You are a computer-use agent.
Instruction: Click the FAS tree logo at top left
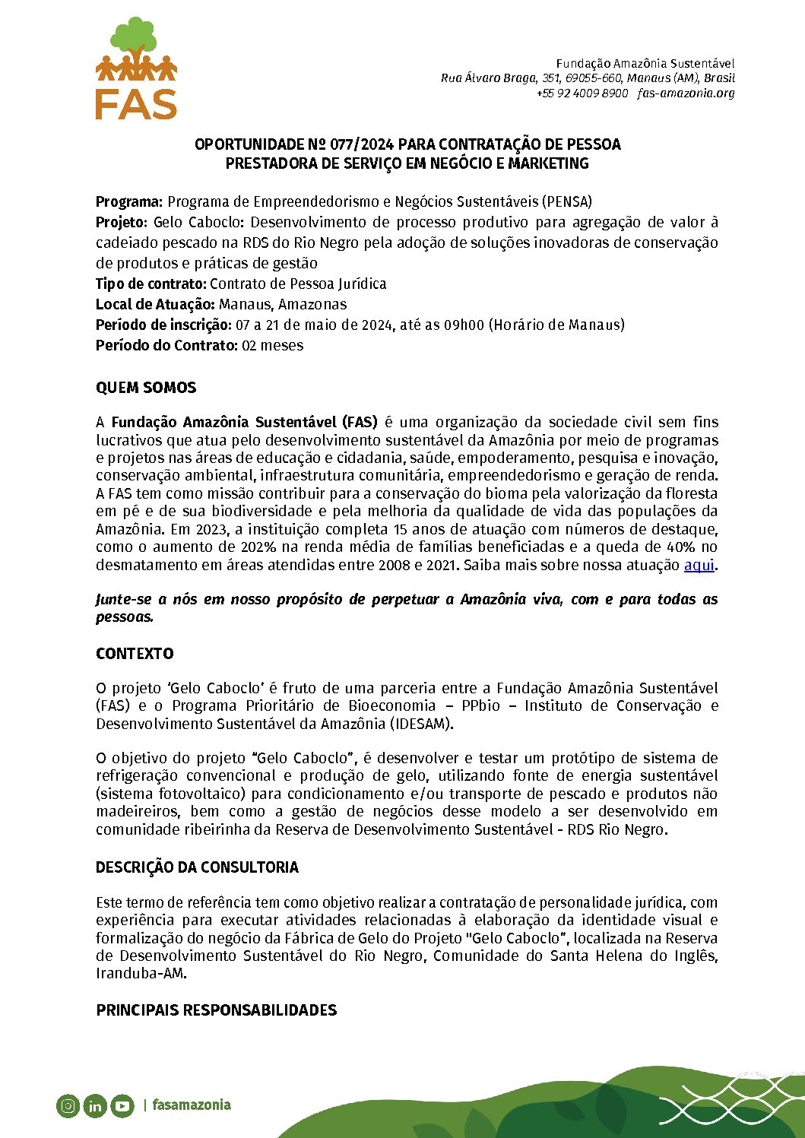coord(137,68)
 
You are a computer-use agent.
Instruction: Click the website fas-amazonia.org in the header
coord(686,94)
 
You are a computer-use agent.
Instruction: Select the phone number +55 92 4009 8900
coord(582,94)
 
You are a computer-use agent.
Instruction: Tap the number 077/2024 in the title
coord(363,144)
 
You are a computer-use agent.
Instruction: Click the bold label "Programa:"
coord(129,202)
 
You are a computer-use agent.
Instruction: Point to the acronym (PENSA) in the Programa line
coord(567,202)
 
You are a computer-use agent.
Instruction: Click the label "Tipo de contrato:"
coord(151,284)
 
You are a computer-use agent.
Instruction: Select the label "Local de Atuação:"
coord(155,305)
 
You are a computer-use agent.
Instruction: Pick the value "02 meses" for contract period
coord(273,346)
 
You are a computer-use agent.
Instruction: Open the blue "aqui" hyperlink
coord(699,566)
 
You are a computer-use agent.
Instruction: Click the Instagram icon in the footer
coord(68,1106)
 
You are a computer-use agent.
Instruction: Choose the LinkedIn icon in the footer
coord(95,1106)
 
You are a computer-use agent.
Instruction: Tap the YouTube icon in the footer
coord(122,1106)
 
